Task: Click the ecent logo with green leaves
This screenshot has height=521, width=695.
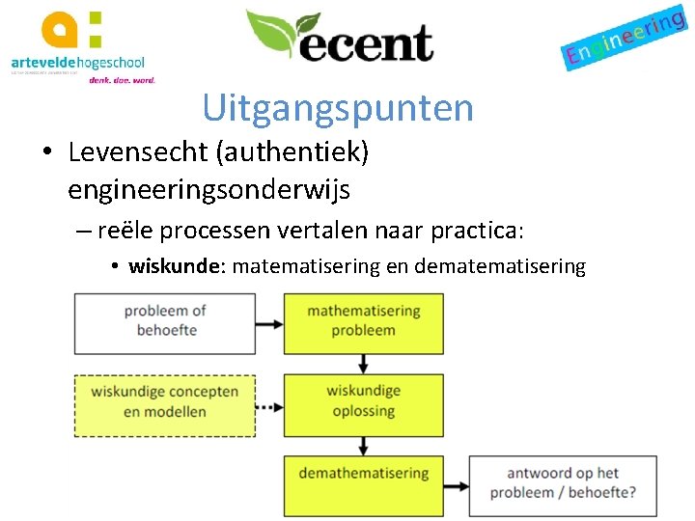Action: click(339, 37)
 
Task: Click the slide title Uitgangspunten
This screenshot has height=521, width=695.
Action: click(338, 108)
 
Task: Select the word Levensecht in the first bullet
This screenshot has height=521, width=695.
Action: click(129, 152)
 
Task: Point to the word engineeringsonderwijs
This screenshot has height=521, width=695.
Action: click(208, 190)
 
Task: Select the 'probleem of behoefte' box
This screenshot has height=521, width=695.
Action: click(165, 320)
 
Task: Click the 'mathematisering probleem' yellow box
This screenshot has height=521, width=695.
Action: click(363, 320)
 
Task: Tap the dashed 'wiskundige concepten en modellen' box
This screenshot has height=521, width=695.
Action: click(165, 401)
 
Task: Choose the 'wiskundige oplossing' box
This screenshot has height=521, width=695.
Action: click(363, 401)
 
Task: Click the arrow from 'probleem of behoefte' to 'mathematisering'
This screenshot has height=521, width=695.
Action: click(269, 320)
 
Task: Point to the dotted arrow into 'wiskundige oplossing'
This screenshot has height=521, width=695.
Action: click(269, 406)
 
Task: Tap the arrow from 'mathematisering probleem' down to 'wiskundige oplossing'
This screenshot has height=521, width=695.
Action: click(363, 362)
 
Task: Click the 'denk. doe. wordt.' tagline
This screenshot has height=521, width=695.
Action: click(122, 80)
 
